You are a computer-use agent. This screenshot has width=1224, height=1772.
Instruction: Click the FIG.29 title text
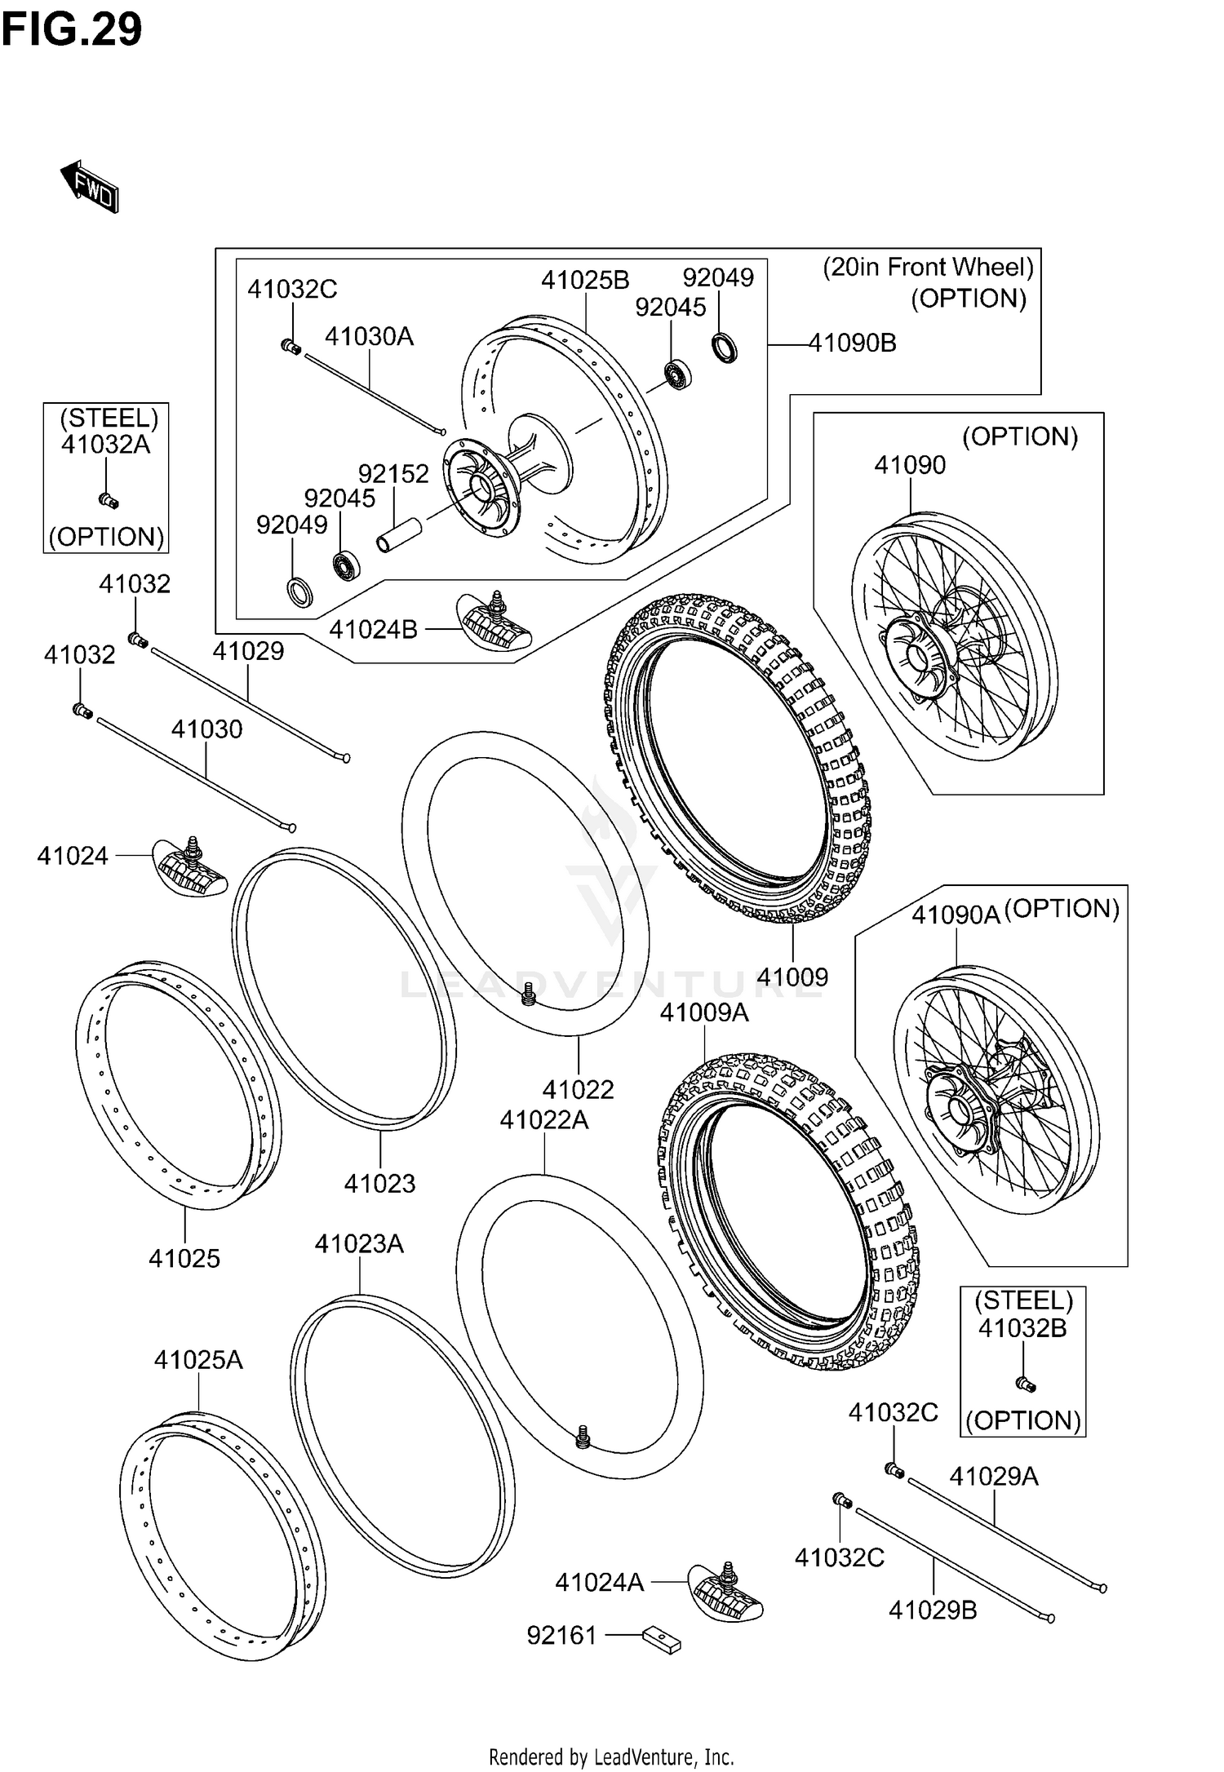[72, 31]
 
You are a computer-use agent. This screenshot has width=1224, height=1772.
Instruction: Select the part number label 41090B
[852, 343]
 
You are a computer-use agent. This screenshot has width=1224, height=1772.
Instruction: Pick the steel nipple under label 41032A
[108, 499]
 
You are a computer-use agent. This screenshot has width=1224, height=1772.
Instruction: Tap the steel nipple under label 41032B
[1024, 1384]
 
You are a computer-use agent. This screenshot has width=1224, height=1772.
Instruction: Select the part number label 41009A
[703, 1012]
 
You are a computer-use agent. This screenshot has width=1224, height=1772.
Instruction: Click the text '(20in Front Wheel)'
[928, 267]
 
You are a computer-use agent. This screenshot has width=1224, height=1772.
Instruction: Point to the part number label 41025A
[198, 1360]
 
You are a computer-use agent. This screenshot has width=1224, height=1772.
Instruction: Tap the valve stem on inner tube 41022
[528, 994]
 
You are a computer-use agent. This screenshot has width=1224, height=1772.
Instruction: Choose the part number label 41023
[379, 1183]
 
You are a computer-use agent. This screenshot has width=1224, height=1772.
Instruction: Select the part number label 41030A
[369, 336]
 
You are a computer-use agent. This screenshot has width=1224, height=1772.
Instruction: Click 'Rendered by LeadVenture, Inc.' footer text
[611, 1756]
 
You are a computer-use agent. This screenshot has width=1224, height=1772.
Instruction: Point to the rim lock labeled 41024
[190, 868]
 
